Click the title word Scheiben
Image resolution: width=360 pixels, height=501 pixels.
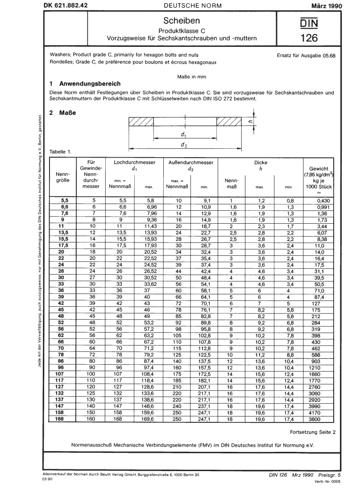[181, 21]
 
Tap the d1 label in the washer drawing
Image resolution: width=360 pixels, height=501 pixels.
[183, 134]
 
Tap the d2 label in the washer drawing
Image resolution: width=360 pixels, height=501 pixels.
[183, 146]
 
